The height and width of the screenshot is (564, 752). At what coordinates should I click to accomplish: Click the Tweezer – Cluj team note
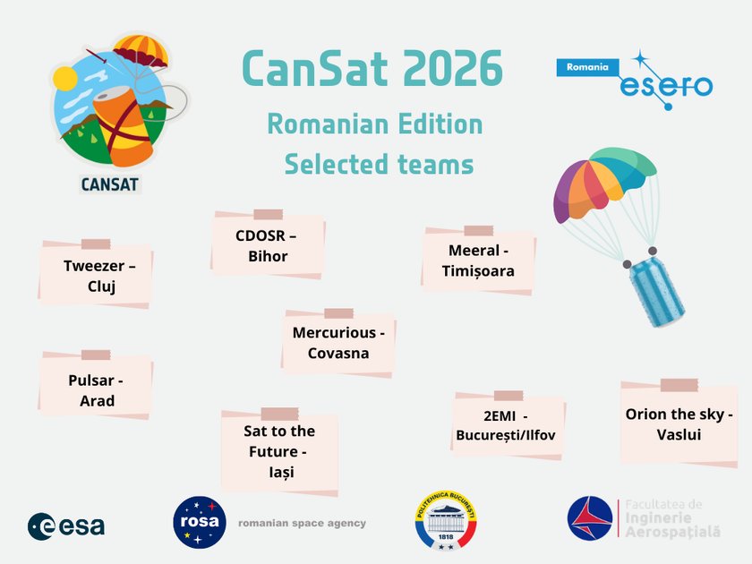click(96, 276)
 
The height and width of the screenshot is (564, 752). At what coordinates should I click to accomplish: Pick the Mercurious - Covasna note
click(338, 343)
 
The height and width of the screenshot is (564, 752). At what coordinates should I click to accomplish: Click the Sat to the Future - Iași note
click(279, 451)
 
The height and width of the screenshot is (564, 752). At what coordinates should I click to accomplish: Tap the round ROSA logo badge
click(199, 522)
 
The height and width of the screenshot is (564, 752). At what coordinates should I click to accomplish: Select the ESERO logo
click(667, 86)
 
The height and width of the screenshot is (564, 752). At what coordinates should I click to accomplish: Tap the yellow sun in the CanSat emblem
click(65, 79)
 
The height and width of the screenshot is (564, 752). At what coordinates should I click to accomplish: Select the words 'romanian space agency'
click(302, 524)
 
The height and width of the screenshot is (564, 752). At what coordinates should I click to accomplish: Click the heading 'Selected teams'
click(379, 164)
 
